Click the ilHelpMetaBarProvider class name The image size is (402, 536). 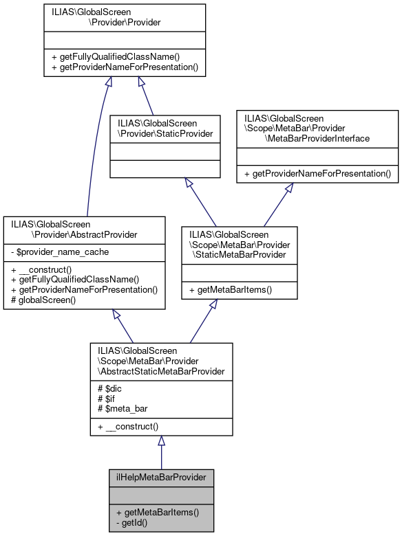161,476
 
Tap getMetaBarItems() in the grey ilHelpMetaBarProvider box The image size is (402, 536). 157,512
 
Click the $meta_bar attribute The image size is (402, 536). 124,408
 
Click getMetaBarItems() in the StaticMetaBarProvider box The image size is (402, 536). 229,290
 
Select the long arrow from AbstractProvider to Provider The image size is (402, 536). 93,151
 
